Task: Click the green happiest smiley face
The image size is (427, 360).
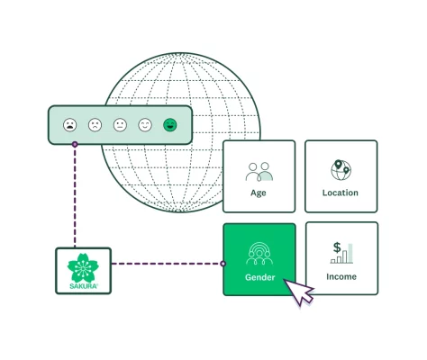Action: click(169, 125)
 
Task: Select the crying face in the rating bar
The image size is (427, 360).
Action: click(70, 125)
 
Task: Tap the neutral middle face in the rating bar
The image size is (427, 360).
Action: click(120, 125)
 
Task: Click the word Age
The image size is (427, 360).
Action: click(259, 193)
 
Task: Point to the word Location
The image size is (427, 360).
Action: click(341, 193)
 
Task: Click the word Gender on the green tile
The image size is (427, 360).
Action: click(259, 277)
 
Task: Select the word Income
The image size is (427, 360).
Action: click(341, 277)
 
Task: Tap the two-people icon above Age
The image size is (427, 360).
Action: click(259, 170)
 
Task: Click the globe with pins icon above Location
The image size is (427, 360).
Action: click(341, 169)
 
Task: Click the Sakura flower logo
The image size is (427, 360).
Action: click(83, 266)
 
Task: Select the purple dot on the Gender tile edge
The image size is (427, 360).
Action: click(223, 264)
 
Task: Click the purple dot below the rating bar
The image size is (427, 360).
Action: click(75, 144)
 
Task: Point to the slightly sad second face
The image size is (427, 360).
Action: click(95, 125)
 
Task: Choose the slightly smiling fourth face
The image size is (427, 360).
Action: click(145, 125)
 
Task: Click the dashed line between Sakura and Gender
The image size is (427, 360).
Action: click(167, 264)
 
